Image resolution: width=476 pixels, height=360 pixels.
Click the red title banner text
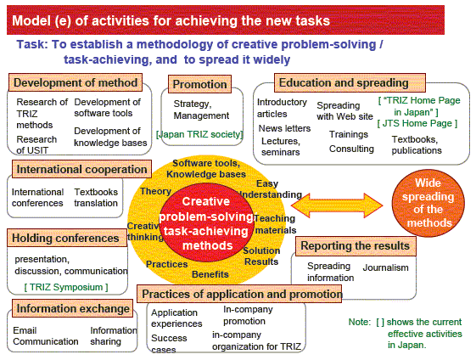[171, 20]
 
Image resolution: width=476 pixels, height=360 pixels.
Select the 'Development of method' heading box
[76, 82]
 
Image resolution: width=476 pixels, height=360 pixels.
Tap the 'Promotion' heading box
[199, 84]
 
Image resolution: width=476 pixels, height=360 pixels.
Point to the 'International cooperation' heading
[81, 169]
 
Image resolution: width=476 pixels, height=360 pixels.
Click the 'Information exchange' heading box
[73, 308]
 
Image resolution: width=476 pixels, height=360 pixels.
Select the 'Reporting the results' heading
[356, 245]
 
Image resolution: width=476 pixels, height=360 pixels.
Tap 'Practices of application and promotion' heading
[239, 294]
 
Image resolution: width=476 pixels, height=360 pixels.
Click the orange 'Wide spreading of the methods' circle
[428, 203]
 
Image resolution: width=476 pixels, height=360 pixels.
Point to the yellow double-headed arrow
[337, 205]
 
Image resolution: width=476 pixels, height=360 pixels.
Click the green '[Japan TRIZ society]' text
[199, 134]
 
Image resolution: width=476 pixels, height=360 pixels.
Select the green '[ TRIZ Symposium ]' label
[66, 287]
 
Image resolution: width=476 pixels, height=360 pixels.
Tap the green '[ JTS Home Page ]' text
[417, 123]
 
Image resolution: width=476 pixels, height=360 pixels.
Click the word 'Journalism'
[385, 267]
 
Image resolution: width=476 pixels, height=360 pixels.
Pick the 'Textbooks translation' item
[96, 198]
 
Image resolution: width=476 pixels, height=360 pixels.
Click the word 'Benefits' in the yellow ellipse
[210, 274]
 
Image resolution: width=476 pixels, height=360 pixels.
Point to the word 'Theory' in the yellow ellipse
[156, 191]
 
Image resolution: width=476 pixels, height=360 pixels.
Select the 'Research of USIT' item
[36, 144]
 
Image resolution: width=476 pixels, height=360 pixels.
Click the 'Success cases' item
[169, 344]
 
